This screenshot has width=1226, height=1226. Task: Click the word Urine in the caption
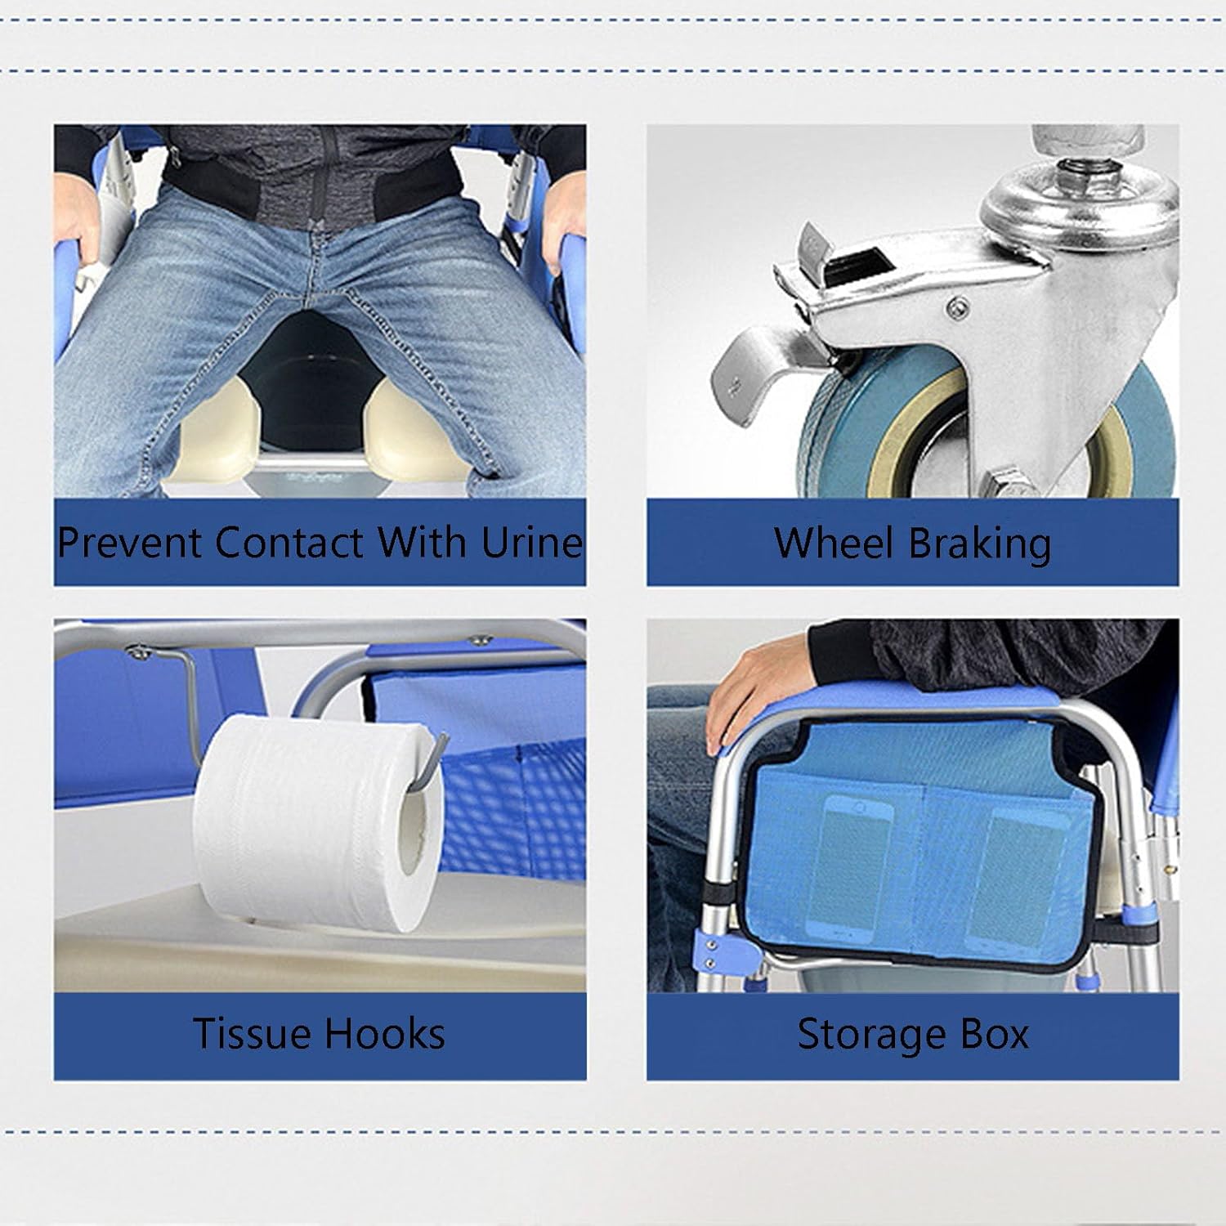point(531,542)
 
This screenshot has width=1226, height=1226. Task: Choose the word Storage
point(865,1036)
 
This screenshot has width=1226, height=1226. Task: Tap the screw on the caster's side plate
point(958,308)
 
